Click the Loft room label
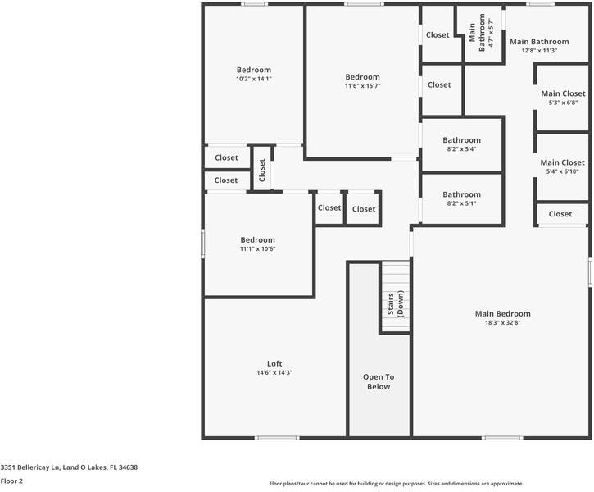pos(274,363)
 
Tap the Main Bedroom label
pos(502,313)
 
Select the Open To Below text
pos(379,382)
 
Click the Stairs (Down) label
pos(395,304)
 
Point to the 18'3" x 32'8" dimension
pos(502,323)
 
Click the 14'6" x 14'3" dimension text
pos(274,373)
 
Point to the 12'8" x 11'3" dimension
pos(539,51)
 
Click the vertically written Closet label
pos(262,170)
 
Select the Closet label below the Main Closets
pos(560,214)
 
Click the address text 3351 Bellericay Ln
pos(69,467)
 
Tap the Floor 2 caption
pos(11,481)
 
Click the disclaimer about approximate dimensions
pos(396,484)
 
